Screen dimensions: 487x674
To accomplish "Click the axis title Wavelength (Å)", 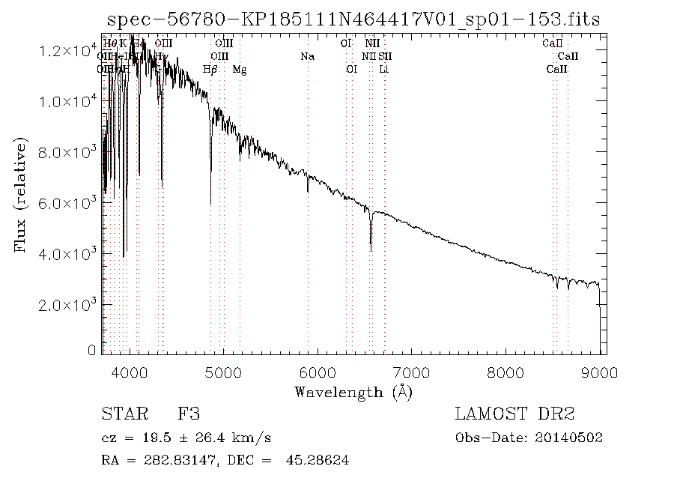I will (x=353, y=392).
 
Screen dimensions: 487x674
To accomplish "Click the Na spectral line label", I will (x=307, y=56).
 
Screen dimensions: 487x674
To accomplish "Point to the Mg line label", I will (x=239, y=70).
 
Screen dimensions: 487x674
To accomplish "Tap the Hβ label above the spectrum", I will (x=210, y=70).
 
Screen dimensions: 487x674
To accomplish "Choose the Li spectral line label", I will (x=384, y=70).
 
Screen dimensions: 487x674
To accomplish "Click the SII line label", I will (x=384, y=56).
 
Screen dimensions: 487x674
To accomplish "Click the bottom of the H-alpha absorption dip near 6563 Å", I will (x=371, y=250).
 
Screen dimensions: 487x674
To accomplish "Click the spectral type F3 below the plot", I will (x=188, y=414).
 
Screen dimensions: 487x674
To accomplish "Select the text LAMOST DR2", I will (x=514, y=414).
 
